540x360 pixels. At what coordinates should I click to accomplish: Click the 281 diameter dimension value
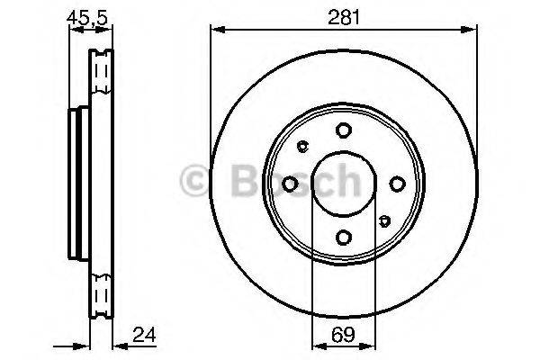[x=344, y=17]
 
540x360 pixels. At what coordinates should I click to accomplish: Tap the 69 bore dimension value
[x=344, y=335]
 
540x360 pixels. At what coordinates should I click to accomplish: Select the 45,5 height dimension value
[x=87, y=18]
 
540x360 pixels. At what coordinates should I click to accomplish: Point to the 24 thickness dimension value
[x=144, y=334]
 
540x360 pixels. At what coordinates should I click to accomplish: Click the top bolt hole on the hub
[x=344, y=130]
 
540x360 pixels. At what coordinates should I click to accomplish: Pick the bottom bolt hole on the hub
[x=344, y=238]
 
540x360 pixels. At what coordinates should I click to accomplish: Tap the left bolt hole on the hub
[x=290, y=184]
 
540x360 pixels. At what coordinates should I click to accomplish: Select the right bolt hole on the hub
[x=397, y=184]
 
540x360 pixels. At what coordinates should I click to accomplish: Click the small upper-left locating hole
[x=302, y=146]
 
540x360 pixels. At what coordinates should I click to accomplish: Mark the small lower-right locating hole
[x=384, y=220]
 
